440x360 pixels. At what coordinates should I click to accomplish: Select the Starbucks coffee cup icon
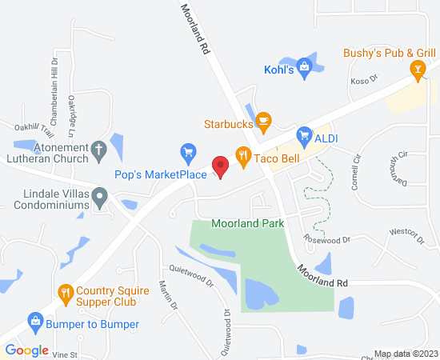coord(264,123)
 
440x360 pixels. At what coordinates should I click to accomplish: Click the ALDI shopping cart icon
coord(303,136)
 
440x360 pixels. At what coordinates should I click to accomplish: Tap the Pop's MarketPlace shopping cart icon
coord(188,151)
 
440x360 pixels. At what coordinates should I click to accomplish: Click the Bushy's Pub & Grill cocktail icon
coord(416,70)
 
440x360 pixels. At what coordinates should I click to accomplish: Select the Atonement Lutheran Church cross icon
coord(98,149)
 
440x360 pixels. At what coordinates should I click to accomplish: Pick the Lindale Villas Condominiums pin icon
coord(99,195)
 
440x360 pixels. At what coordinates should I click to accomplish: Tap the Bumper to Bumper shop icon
coord(35,323)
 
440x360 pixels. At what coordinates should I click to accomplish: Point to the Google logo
coord(26,350)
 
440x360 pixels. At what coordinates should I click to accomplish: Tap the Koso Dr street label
coord(363,81)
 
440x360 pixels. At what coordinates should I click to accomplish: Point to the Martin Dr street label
coord(168,295)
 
